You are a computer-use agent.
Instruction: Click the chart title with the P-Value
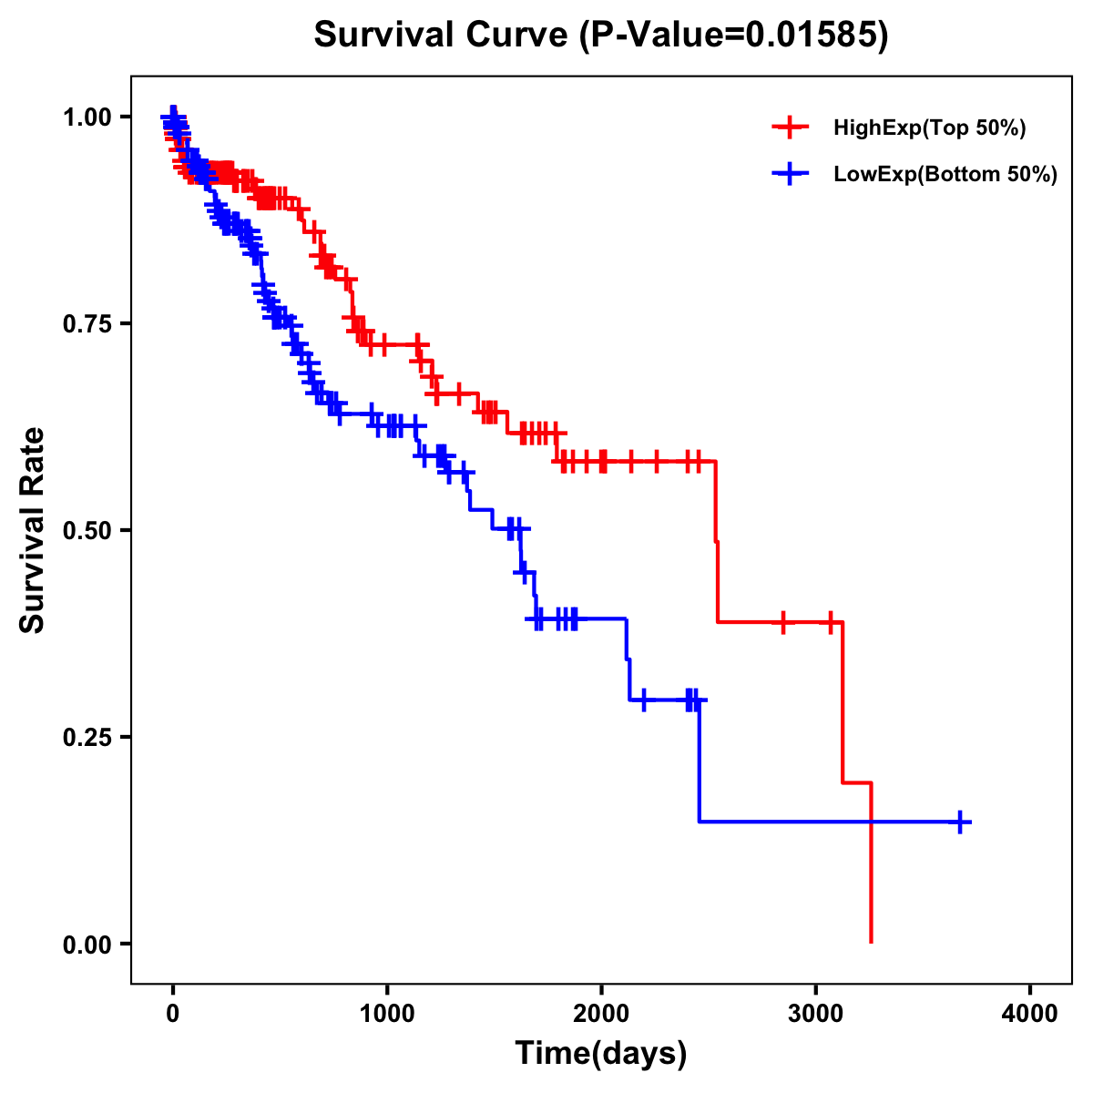[600, 35]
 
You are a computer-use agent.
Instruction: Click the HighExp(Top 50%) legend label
[930, 128]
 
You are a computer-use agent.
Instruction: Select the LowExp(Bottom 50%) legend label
[945, 175]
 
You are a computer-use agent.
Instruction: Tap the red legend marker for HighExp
[790, 128]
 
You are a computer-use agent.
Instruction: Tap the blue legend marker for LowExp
[790, 174]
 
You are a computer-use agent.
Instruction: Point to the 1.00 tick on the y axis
[87, 117]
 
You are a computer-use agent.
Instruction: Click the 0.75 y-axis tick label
[87, 323]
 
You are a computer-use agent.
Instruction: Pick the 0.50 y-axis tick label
[87, 530]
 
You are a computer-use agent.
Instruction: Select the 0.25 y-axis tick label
[87, 737]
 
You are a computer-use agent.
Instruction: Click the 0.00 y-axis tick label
[87, 944]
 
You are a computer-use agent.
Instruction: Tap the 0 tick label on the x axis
[173, 1014]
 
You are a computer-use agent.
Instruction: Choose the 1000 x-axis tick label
[387, 1014]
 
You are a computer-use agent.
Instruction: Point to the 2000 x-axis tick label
[601, 1014]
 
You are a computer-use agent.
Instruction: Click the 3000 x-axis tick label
[816, 1014]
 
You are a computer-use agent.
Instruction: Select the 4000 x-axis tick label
[1030, 1014]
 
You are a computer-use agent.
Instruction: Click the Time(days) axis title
[601, 1054]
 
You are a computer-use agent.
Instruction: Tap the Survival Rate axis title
[33, 530]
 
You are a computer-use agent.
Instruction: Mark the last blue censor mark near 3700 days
[960, 822]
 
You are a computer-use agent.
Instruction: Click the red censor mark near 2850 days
[782, 622]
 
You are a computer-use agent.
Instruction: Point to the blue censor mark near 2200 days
[644, 700]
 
